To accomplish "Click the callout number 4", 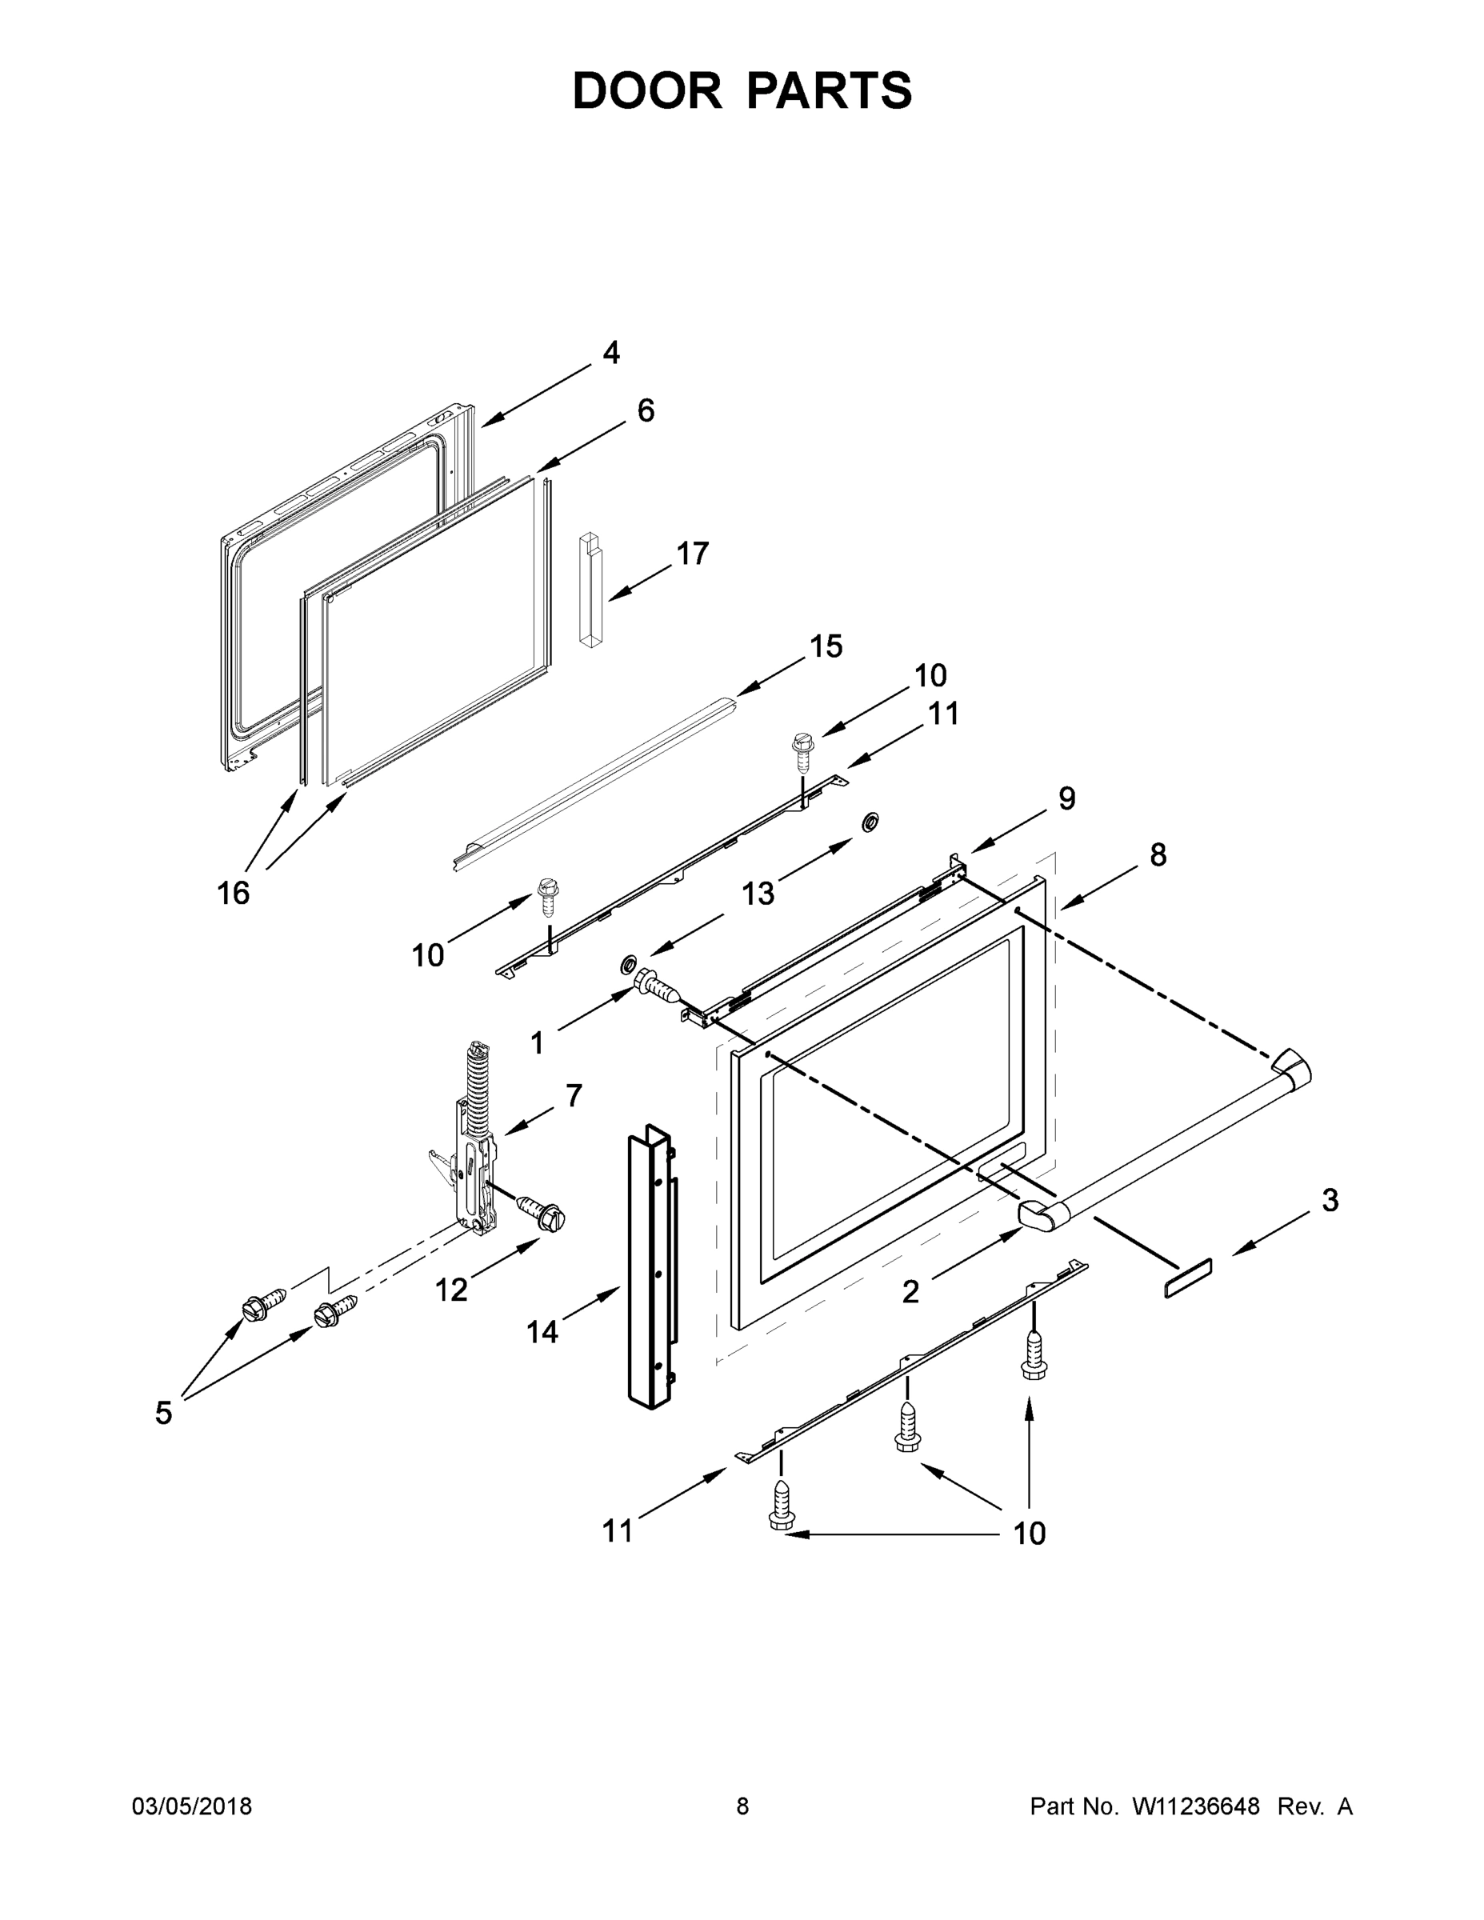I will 611,353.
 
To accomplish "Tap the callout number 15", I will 826,646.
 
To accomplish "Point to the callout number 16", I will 233,893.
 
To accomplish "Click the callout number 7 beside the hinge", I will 574,1095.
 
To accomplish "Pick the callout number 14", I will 542,1332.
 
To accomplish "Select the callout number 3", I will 1330,1200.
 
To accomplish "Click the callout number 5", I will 163,1413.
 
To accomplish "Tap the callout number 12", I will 451,1290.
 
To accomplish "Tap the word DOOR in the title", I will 646,90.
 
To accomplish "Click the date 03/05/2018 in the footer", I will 192,1806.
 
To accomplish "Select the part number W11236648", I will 1196,1806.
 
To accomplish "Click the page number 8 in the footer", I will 742,1806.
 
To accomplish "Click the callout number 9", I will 1066,798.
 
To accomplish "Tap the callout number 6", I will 646,410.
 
